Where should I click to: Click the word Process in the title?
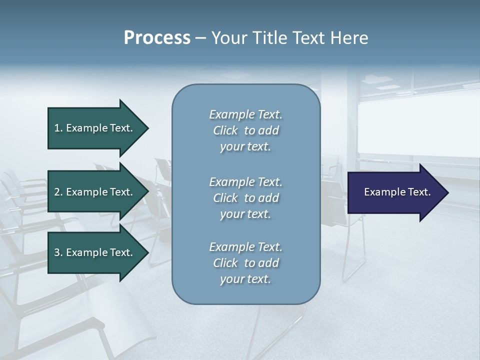click(x=157, y=38)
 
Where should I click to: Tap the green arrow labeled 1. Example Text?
click(x=95, y=128)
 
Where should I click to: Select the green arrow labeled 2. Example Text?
click(x=95, y=192)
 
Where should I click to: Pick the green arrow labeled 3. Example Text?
click(x=95, y=252)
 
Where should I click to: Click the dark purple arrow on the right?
click(x=395, y=192)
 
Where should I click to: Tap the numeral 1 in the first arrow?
click(x=57, y=128)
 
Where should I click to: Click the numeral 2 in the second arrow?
click(x=57, y=192)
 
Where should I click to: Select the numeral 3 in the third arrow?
click(x=57, y=252)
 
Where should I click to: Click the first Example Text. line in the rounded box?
click(x=245, y=114)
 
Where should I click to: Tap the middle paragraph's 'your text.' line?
click(x=245, y=214)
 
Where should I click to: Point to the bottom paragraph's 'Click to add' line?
click(x=245, y=263)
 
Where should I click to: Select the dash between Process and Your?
click(x=201, y=38)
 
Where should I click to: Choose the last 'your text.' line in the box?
click(x=245, y=279)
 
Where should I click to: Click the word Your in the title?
click(x=226, y=38)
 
